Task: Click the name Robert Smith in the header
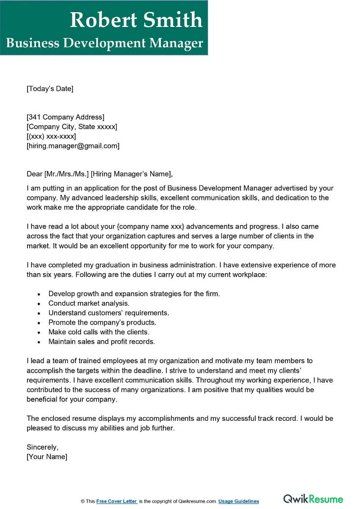click(x=136, y=20)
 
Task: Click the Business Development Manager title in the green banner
click(x=104, y=43)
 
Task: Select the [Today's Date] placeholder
click(x=49, y=89)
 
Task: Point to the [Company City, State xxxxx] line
click(x=72, y=127)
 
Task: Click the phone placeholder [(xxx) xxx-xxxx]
click(x=51, y=136)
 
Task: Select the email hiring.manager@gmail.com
click(x=73, y=146)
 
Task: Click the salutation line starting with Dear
click(x=99, y=174)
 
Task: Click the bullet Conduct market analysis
click(x=89, y=303)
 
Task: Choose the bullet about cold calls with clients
click(x=99, y=332)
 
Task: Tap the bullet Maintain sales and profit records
click(x=101, y=342)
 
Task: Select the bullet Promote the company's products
click(x=102, y=323)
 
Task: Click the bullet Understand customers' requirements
click(x=108, y=313)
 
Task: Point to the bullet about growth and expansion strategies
click(x=134, y=294)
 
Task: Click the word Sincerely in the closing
click(x=43, y=447)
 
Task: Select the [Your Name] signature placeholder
click(x=47, y=457)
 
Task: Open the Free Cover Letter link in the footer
click(x=117, y=501)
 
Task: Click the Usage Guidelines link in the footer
click(x=239, y=501)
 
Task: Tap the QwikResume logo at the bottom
click(x=313, y=499)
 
